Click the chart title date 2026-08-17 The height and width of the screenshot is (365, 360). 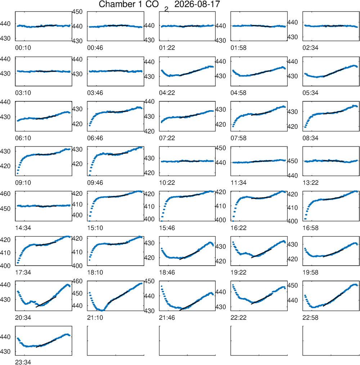[197, 4]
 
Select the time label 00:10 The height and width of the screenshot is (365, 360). [23, 48]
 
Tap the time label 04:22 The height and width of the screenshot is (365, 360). [167, 93]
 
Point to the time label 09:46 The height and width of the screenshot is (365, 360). [95, 183]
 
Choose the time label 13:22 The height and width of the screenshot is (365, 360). [310, 183]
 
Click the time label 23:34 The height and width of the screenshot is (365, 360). [23, 362]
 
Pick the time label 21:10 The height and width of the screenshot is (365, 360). [95, 317]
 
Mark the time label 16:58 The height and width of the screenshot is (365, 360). [310, 228]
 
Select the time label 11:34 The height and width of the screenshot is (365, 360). [238, 183]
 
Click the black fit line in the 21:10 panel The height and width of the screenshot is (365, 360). [118, 297]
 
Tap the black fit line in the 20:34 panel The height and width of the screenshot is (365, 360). [46, 302]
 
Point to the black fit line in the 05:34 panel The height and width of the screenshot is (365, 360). [333, 73]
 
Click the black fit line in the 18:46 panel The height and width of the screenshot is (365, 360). [190, 255]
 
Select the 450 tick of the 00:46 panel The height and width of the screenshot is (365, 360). [77, 12]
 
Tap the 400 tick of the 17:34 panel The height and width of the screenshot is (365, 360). [5, 266]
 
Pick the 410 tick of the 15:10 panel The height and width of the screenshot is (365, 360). [77, 204]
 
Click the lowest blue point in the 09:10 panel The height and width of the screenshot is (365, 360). [18, 174]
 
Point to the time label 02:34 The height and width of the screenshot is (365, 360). [310, 48]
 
